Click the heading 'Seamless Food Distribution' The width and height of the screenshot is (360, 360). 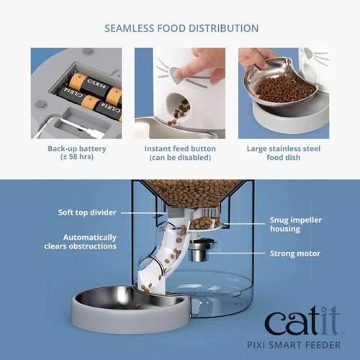[x=181, y=29]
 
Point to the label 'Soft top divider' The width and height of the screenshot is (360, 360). [x=87, y=212]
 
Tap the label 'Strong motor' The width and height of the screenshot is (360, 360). [x=293, y=253]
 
